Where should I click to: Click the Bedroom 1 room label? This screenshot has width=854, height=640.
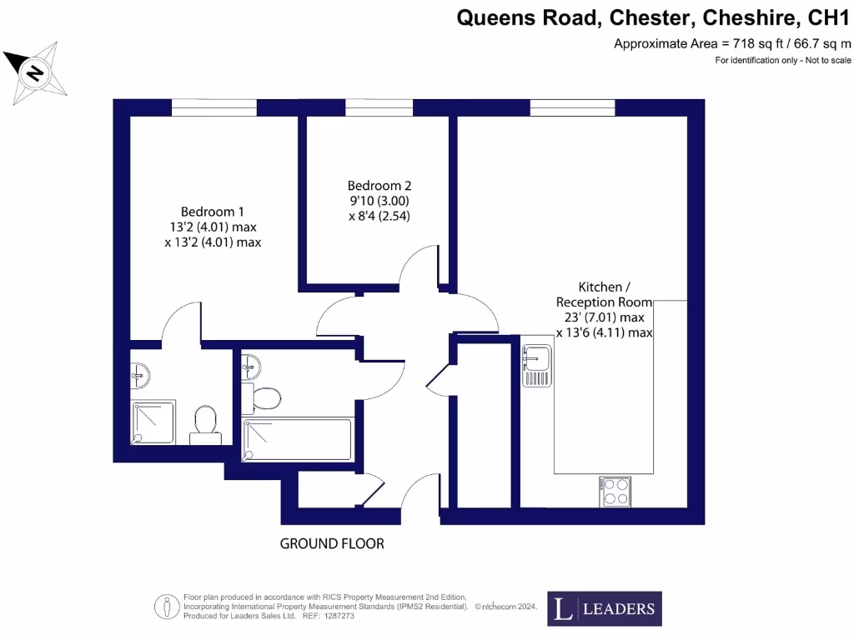(212, 212)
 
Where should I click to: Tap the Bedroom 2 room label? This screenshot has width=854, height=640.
(379, 186)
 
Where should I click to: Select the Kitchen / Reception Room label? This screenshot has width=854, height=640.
(604, 294)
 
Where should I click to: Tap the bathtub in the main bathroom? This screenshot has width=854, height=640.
(296, 439)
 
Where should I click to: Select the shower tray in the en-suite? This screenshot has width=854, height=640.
(154, 422)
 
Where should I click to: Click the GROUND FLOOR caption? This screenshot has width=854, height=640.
(332, 544)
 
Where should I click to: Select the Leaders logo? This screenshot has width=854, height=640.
(605, 608)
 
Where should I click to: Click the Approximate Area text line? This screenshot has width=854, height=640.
(732, 43)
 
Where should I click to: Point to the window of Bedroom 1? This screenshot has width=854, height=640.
(214, 107)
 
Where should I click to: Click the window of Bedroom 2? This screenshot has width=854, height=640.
(379, 107)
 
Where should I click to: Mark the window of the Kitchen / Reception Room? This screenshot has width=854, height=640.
(572, 107)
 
